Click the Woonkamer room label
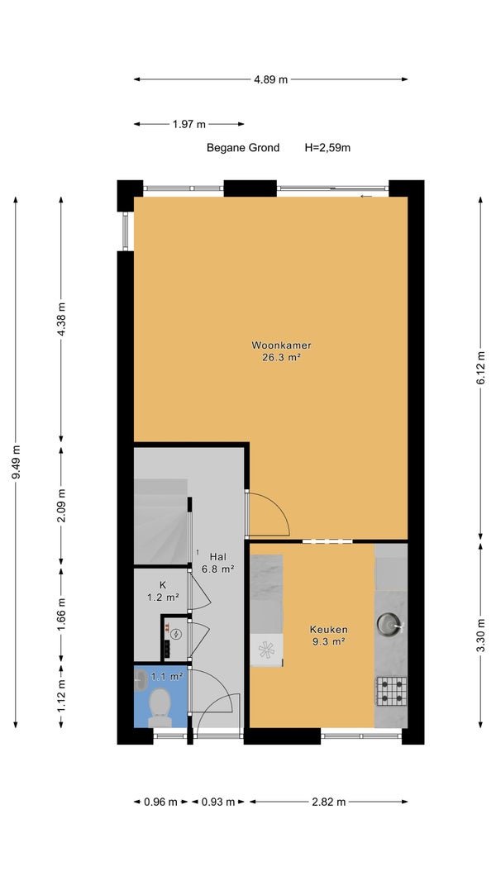click(281, 345)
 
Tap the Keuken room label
click(329, 630)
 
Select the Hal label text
click(218, 556)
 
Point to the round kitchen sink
click(389, 623)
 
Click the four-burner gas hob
click(391, 691)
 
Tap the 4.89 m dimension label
click(270, 80)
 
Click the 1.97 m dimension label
click(188, 125)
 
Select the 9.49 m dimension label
click(17, 462)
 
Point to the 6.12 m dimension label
click(481, 368)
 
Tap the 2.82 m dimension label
click(329, 802)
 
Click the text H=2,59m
click(327, 148)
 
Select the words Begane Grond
click(243, 148)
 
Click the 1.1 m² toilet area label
click(167, 677)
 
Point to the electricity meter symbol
click(177, 635)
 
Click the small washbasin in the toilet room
click(141, 679)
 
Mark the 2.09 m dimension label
click(62, 505)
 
